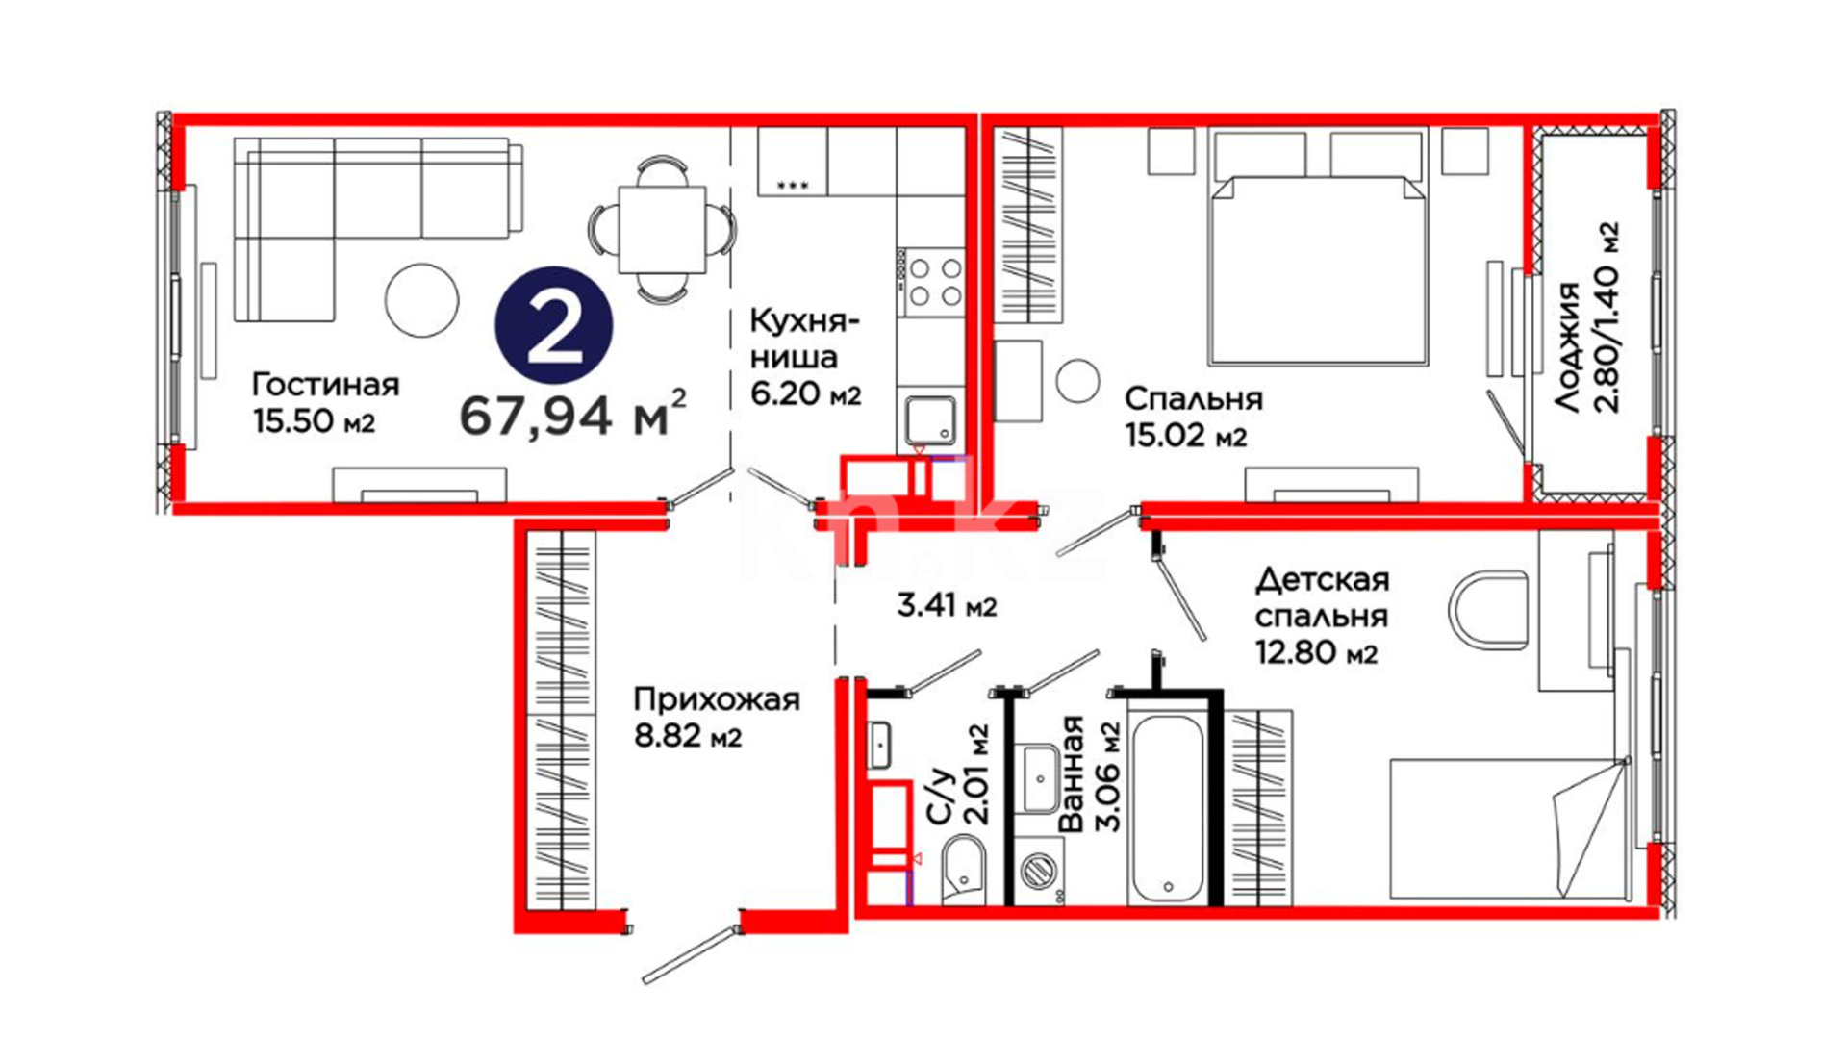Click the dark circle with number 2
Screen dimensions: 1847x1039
pyautogui.click(x=554, y=325)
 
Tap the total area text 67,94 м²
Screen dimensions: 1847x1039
pyautogui.click(x=573, y=414)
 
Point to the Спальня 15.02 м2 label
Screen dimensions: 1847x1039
pyautogui.click(x=1193, y=417)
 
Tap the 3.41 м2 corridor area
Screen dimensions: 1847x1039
pyautogui.click(x=947, y=606)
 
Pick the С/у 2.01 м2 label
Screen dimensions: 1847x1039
pyautogui.click(x=956, y=775)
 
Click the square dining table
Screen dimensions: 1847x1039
pyautogui.click(x=663, y=231)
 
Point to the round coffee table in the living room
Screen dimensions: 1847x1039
pyautogui.click(x=421, y=300)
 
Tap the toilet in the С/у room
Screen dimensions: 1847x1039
pyautogui.click(x=963, y=870)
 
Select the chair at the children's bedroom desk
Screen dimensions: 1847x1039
pyautogui.click(x=1487, y=610)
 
